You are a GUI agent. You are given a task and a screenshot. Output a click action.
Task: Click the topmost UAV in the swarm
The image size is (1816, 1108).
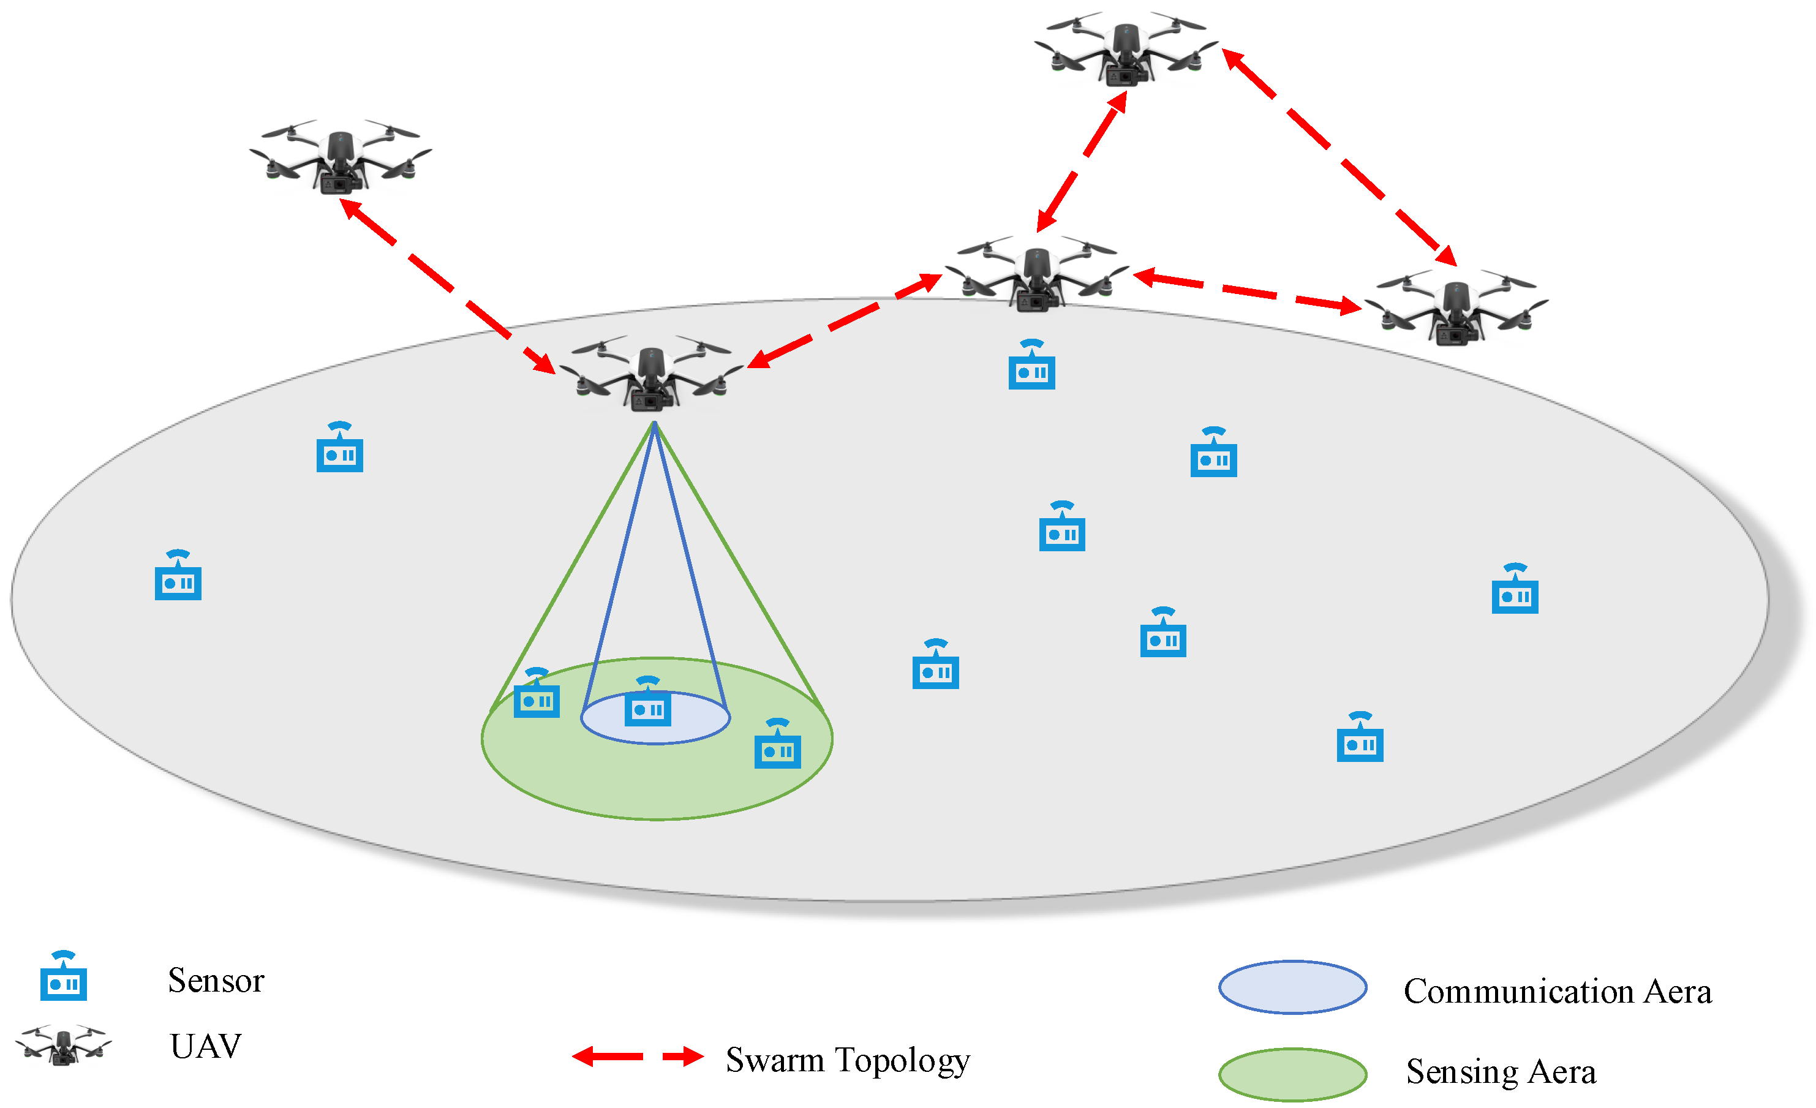pyautogui.click(x=1125, y=50)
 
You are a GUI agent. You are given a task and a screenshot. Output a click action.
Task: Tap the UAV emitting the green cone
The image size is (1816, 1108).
pyautogui.click(x=652, y=374)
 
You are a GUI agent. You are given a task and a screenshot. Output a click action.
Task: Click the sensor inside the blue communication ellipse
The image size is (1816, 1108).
pyautogui.click(x=648, y=704)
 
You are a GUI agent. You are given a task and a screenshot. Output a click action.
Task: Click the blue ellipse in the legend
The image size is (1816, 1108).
pyautogui.click(x=1293, y=987)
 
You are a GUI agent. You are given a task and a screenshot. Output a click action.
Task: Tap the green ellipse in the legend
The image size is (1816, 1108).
pyautogui.click(x=1293, y=1074)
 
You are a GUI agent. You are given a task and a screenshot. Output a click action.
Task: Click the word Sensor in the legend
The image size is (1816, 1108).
pyautogui.click(x=216, y=981)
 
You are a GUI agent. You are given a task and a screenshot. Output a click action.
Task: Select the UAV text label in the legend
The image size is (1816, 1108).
pyautogui.click(x=206, y=1046)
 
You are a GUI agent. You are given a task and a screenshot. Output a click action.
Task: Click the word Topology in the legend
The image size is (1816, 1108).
pyautogui.click(x=903, y=1061)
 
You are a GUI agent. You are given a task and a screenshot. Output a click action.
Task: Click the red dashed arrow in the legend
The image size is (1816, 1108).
pyautogui.click(x=638, y=1057)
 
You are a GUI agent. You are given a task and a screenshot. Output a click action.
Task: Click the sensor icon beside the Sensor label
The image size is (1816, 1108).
pyautogui.click(x=63, y=978)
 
